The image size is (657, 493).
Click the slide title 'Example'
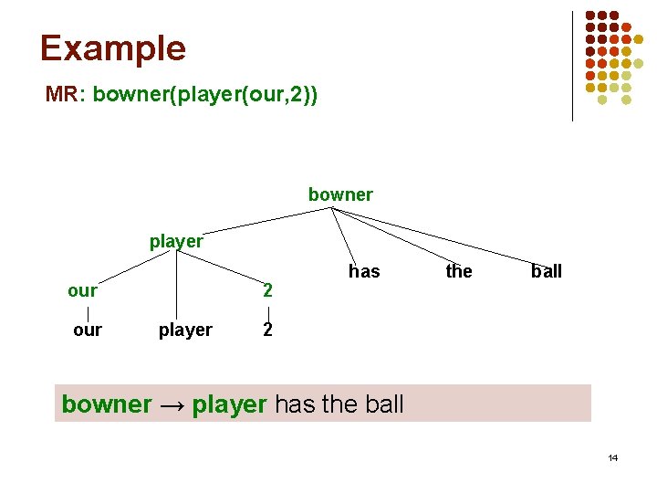pyautogui.click(x=112, y=48)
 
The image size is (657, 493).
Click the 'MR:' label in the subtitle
pyautogui.click(x=65, y=95)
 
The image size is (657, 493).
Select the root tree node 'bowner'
pyautogui.click(x=340, y=194)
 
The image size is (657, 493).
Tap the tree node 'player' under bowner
pyautogui.click(x=176, y=242)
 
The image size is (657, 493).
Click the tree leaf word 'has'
pyautogui.click(x=364, y=271)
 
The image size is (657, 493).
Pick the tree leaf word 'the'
pyautogui.click(x=459, y=271)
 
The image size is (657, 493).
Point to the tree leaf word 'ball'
pyautogui.click(x=547, y=271)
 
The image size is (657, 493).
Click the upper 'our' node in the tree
pyautogui.click(x=82, y=290)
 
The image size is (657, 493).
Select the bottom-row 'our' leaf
pyautogui.click(x=88, y=330)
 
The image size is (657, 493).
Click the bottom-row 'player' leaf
pyautogui.click(x=185, y=330)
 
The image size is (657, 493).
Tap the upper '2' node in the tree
pyautogui.click(x=267, y=291)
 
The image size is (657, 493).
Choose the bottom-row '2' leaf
pyautogui.click(x=267, y=330)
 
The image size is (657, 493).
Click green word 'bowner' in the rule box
pyautogui.click(x=106, y=404)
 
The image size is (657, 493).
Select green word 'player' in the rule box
pyautogui.click(x=230, y=404)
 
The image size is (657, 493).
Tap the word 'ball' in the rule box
pyautogui.click(x=382, y=404)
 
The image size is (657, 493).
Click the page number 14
pyautogui.click(x=612, y=456)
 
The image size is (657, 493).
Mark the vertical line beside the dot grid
pyautogui.click(x=572, y=66)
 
